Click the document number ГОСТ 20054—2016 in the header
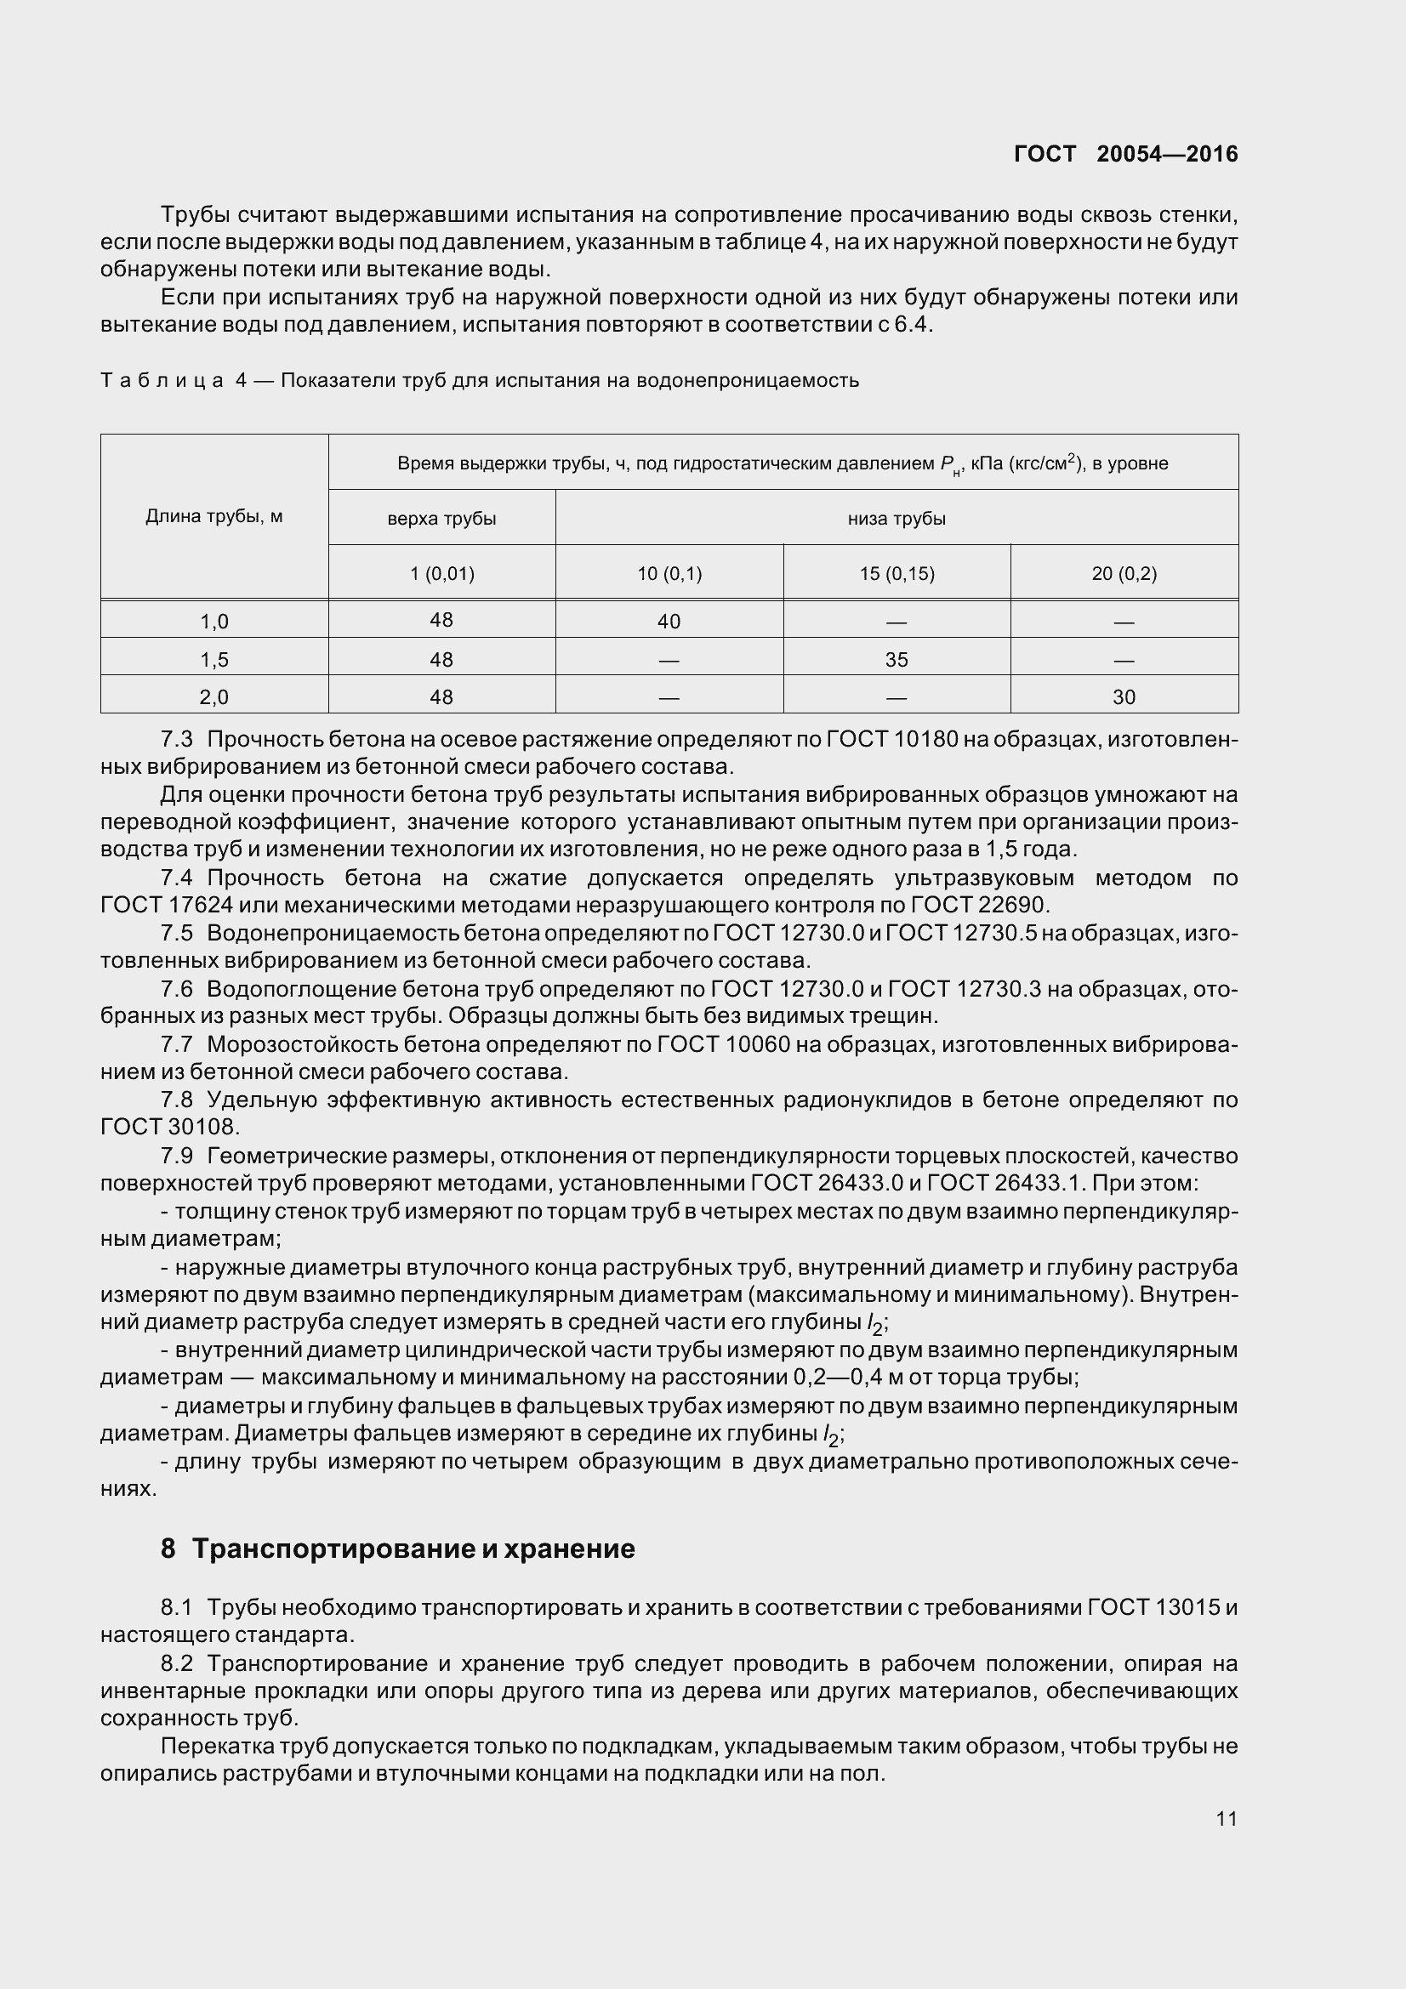click(1125, 154)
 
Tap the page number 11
click(1226, 1818)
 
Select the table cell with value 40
click(669, 621)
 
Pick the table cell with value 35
click(897, 659)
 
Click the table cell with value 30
click(1124, 696)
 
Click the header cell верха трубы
click(441, 519)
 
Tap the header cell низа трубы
click(897, 519)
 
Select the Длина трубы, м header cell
click(214, 517)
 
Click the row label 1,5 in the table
click(214, 659)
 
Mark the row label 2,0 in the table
click(214, 696)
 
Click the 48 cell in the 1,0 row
click(441, 620)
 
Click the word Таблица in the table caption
click(162, 380)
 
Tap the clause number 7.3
click(177, 739)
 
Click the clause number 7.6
click(177, 988)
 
